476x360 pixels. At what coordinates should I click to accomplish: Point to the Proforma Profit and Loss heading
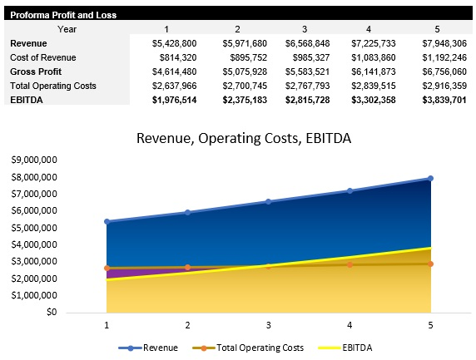tap(63, 15)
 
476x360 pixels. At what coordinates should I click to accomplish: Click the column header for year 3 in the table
tap(304, 28)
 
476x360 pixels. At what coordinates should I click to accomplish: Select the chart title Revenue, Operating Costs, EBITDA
tap(244, 138)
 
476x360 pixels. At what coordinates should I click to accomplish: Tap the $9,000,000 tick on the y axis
tap(33, 160)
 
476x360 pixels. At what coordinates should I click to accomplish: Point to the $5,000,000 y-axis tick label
tap(33, 228)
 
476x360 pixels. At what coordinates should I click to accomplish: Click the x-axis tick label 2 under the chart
tap(187, 326)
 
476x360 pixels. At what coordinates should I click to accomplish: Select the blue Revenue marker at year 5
tap(430, 178)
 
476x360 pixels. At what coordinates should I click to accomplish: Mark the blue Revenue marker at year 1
tap(107, 222)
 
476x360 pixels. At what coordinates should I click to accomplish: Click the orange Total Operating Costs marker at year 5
tap(430, 264)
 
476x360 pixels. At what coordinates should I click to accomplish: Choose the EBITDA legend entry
tap(343, 348)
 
